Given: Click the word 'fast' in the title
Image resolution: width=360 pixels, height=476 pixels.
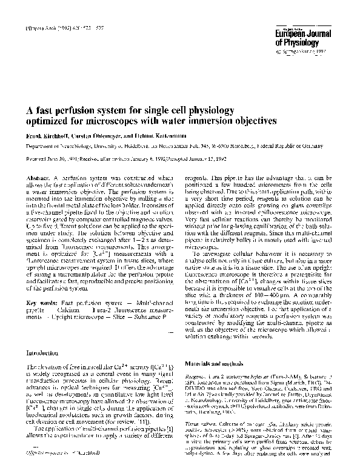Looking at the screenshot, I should (48, 110).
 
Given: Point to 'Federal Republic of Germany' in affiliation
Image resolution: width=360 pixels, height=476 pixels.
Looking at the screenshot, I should (292, 147).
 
